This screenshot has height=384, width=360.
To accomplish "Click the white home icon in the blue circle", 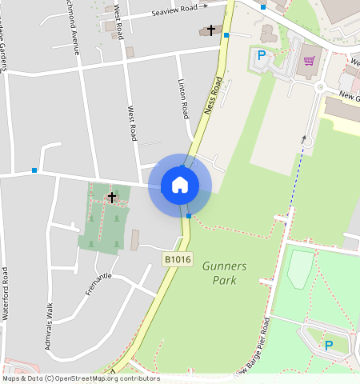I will coord(180,185).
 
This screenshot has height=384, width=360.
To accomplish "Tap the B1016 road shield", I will coord(178,259).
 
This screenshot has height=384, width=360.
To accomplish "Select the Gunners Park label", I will coord(225,273).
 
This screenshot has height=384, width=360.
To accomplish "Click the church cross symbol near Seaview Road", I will coord(211,30).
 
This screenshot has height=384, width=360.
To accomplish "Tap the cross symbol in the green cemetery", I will coord(112,196).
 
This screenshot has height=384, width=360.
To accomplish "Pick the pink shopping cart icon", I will coord(309,61).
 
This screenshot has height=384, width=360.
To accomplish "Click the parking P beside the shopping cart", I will coord(261,56).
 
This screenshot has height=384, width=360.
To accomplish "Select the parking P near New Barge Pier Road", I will coord(328,346).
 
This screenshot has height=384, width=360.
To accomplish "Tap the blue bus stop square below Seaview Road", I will coord(227,36).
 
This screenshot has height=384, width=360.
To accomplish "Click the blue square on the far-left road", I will coord(34,170).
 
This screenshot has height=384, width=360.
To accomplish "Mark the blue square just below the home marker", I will coord(189,215).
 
